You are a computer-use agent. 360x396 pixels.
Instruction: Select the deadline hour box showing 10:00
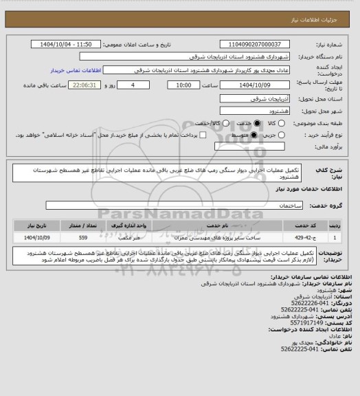click(x=183, y=85)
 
